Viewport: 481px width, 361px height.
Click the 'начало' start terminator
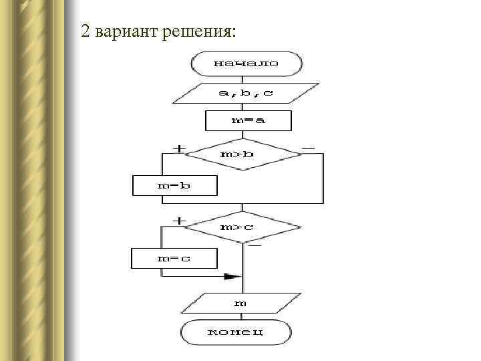click(247, 64)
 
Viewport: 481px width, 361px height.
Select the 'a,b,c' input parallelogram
click(246, 93)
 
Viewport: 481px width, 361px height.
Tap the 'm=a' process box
click(248, 120)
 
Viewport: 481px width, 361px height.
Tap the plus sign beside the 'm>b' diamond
click(180, 148)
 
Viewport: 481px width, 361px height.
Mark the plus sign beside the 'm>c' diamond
click(180, 220)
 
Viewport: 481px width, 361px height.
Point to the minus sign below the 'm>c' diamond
click(255, 247)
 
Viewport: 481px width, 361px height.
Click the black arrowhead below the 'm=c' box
click(232, 275)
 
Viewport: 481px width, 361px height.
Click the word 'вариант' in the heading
click(126, 31)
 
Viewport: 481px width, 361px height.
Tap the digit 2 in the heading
click(85, 31)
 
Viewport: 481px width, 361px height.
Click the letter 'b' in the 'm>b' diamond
click(249, 154)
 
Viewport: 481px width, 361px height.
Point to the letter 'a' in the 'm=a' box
click(259, 120)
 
